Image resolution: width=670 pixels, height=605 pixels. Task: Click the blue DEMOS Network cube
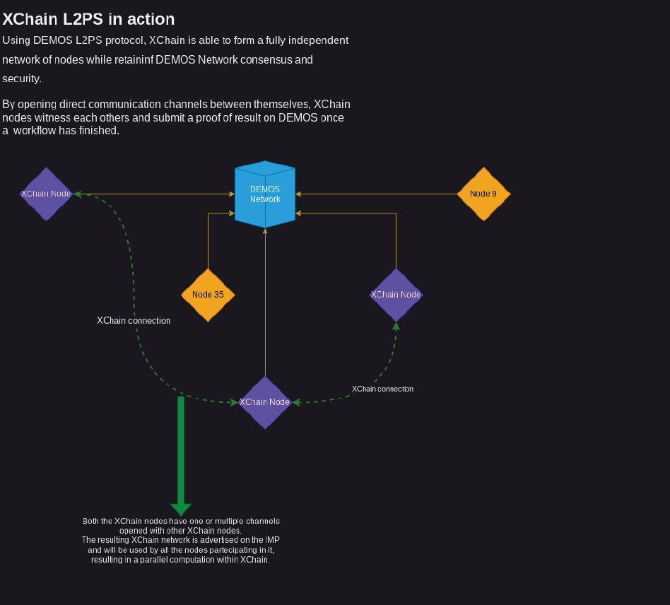point(265,194)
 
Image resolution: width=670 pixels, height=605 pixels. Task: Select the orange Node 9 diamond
point(483,194)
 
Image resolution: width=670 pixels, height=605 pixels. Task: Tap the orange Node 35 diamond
point(208,295)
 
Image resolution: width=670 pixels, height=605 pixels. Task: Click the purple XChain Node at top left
point(46,194)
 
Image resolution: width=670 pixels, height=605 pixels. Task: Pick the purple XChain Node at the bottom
point(265,402)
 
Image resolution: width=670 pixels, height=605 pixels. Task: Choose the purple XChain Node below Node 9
point(396,295)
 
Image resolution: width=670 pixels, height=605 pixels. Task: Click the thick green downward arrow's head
point(181,509)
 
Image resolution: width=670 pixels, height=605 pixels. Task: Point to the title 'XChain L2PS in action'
point(88,19)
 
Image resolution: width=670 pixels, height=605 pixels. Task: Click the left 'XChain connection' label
point(134,320)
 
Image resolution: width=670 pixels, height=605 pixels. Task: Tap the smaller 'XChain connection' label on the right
point(382,389)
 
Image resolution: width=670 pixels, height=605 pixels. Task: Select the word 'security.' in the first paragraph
point(22,78)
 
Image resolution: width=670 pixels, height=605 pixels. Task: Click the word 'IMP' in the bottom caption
point(273,540)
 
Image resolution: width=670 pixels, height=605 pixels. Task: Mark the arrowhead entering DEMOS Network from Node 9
point(299,194)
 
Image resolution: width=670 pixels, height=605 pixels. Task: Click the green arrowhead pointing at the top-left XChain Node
point(78,194)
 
